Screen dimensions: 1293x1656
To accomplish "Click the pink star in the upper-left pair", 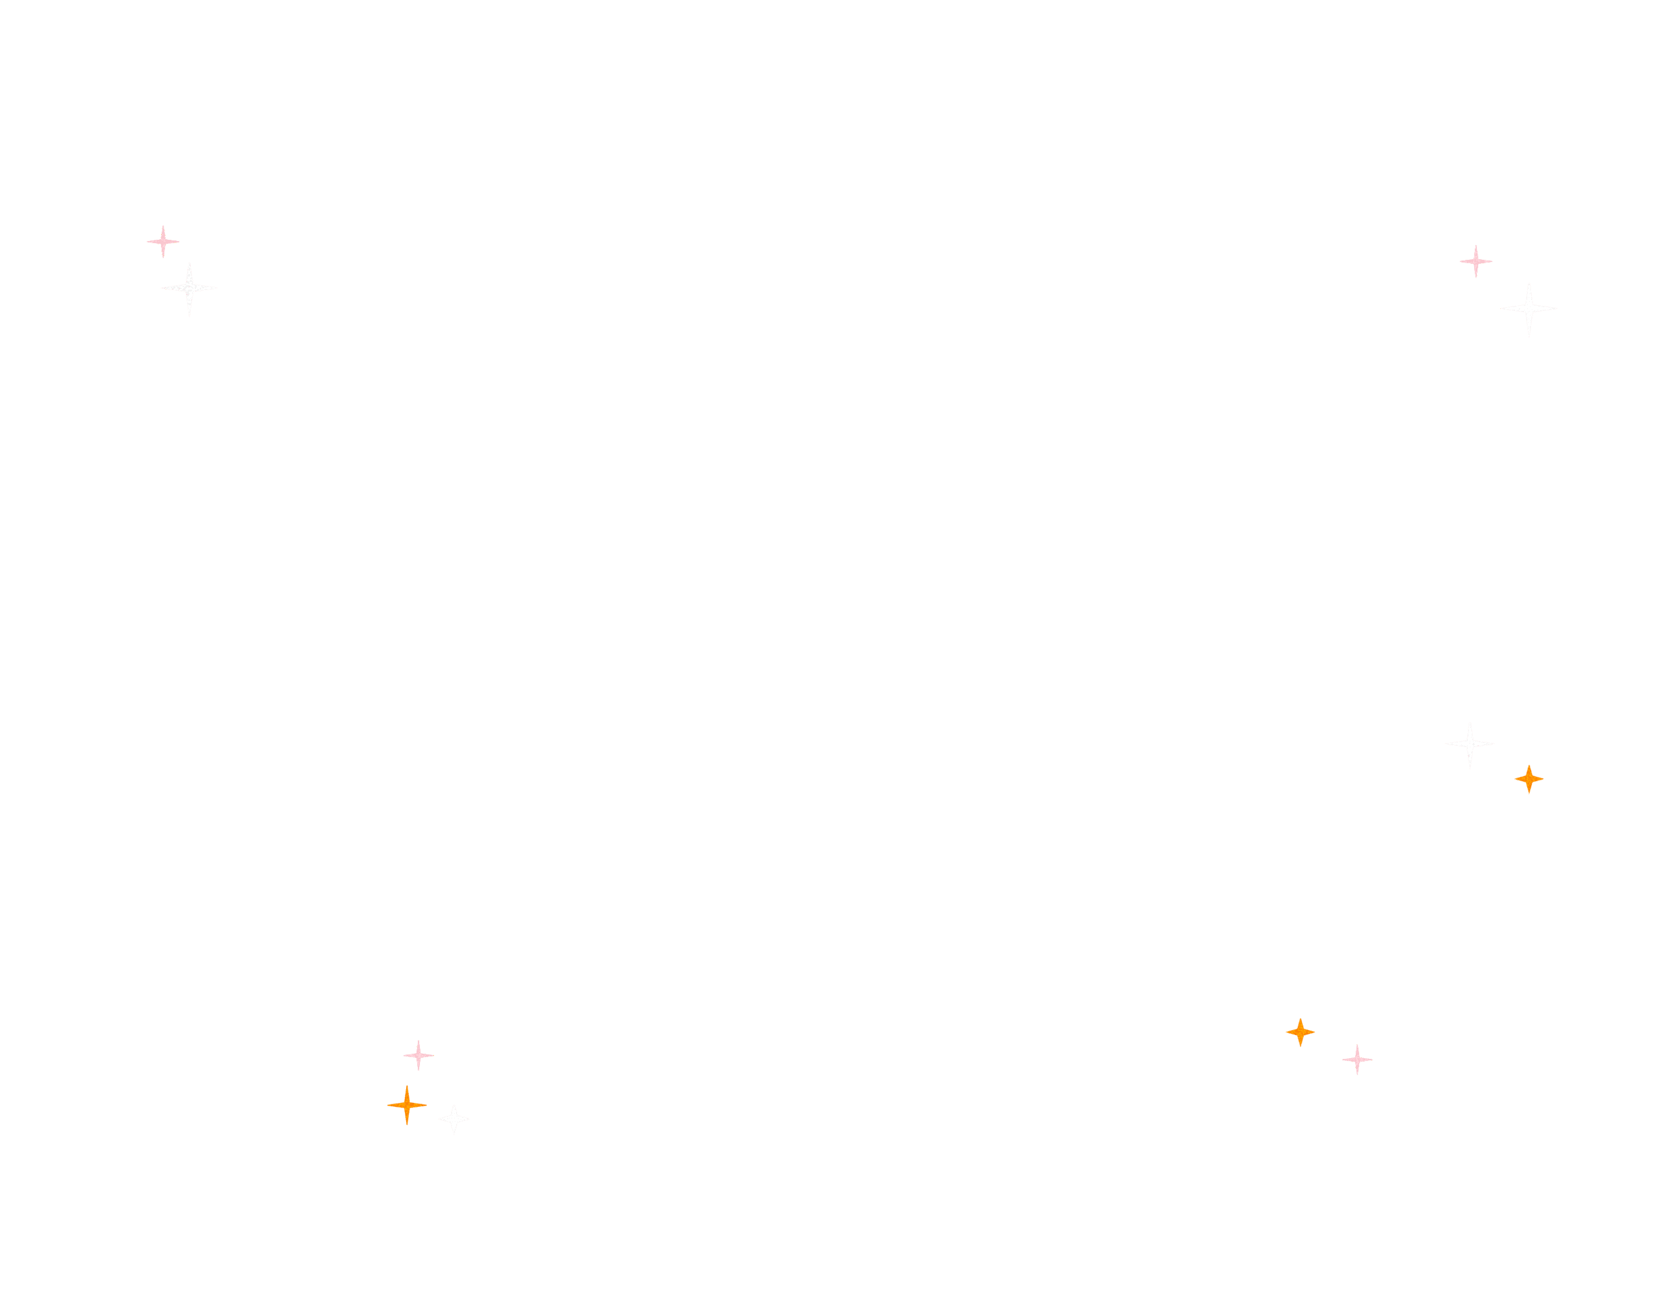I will (x=163, y=242).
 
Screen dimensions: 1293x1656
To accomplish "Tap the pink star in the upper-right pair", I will (x=1476, y=261).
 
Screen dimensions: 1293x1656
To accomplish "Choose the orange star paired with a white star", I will (x=1529, y=778).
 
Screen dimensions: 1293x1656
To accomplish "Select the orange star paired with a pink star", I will (x=1300, y=1032).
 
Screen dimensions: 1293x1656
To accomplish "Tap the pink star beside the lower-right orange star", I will (x=1357, y=1060).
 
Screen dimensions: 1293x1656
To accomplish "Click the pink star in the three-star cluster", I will (x=418, y=1055).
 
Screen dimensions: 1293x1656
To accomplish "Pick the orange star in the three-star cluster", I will (x=407, y=1105).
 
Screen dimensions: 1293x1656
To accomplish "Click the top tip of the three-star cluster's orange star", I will (x=407, y=1086).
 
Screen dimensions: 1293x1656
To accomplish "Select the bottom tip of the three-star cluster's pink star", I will (x=418, y=1070).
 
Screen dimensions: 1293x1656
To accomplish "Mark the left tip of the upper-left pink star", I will (x=147, y=242).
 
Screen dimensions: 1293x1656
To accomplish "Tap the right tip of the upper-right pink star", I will (x=1492, y=261).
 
